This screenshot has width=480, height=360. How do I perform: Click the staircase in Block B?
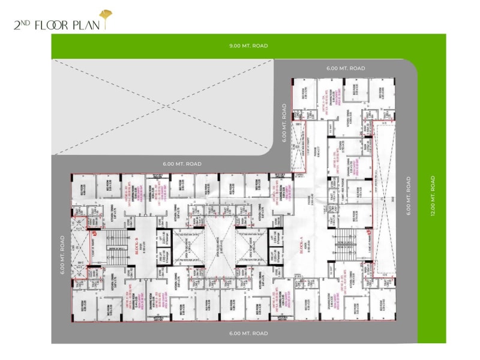(x=117, y=246)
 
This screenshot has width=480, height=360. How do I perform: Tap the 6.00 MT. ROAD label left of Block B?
(x=62, y=255)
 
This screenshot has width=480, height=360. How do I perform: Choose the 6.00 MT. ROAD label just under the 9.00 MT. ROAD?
(x=346, y=68)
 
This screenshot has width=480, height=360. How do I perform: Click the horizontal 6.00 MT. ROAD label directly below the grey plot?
(x=182, y=163)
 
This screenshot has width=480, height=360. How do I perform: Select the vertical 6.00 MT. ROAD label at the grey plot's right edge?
(x=284, y=124)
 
